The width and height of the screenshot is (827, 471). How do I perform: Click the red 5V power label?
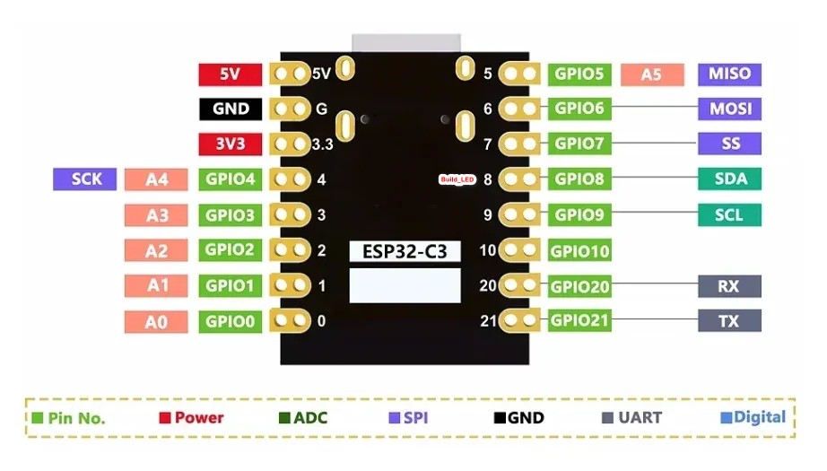[x=230, y=74]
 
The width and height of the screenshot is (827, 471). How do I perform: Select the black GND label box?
[x=230, y=109]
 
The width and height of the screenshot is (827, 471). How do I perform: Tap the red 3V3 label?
[x=230, y=144]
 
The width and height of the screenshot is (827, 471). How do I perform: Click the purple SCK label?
[x=85, y=179]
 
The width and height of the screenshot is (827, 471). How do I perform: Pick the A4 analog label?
[x=157, y=179]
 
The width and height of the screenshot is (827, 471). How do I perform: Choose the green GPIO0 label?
[x=230, y=321]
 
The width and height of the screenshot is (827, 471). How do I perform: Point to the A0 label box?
[x=157, y=321]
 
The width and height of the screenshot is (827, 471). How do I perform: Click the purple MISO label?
[x=729, y=74]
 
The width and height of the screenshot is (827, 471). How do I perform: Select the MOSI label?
[x=729, y=109]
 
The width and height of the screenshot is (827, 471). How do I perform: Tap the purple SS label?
[x=729, y=144]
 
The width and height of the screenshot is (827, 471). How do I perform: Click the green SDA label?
[x=729, y=179]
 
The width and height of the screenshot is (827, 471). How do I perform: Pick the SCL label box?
[x=729, y=215]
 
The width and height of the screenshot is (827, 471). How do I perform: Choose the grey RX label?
[x=729, y=286]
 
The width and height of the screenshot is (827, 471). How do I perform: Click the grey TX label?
[x=729, y=320]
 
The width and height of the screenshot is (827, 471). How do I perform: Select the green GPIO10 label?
[x=579, y=251]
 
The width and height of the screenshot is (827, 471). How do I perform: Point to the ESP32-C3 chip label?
[x=404, y=251]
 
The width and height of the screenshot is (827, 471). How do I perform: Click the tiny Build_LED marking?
[x=456, y=180]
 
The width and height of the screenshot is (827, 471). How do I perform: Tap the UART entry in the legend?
[x=631, y=417]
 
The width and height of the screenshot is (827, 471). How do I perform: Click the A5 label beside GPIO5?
[x=651, y=74]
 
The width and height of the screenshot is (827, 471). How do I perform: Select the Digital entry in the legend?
[x=753, y=417]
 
